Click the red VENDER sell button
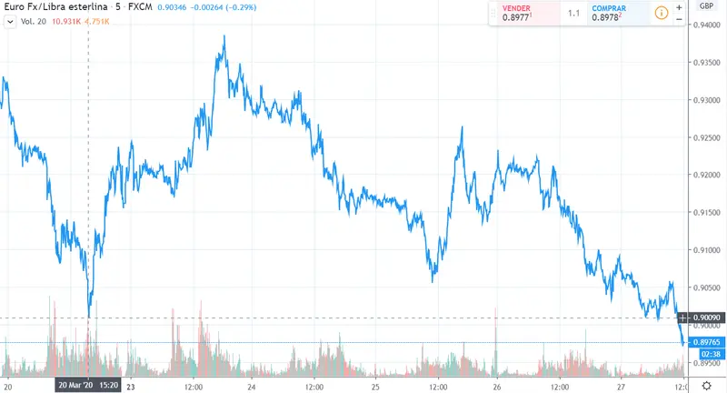pos(522,15)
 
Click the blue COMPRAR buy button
pos(614,15)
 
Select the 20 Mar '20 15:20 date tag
pos(87,385)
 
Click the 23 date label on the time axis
pos(131,385)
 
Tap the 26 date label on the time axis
pos(497,385)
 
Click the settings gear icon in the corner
pos(706,385)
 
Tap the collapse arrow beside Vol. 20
pos(10,22)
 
